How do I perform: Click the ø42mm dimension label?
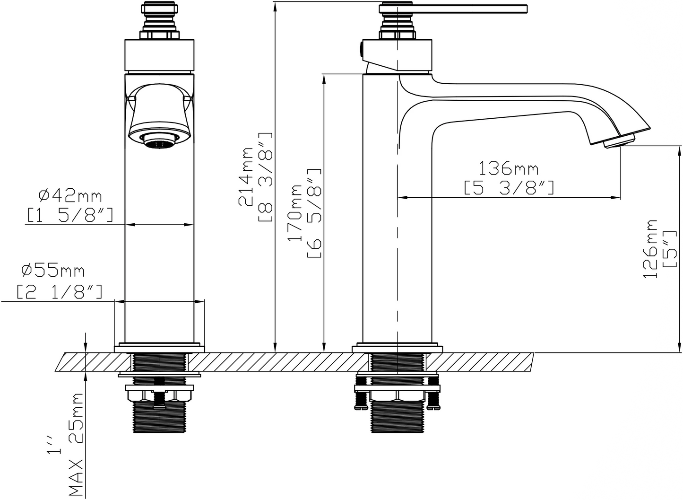tap(71, 194)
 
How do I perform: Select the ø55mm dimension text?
tap(53, 271)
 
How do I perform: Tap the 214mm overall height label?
tap(247, 176)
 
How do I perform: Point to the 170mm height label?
tap(296, 213)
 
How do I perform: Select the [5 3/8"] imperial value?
tap(509, 188)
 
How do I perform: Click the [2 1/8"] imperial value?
tap(60, 291)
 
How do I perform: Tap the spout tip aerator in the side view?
tap(619, 141)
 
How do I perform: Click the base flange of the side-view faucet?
tap(397, 349)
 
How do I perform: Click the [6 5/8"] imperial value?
tap(315, 213)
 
